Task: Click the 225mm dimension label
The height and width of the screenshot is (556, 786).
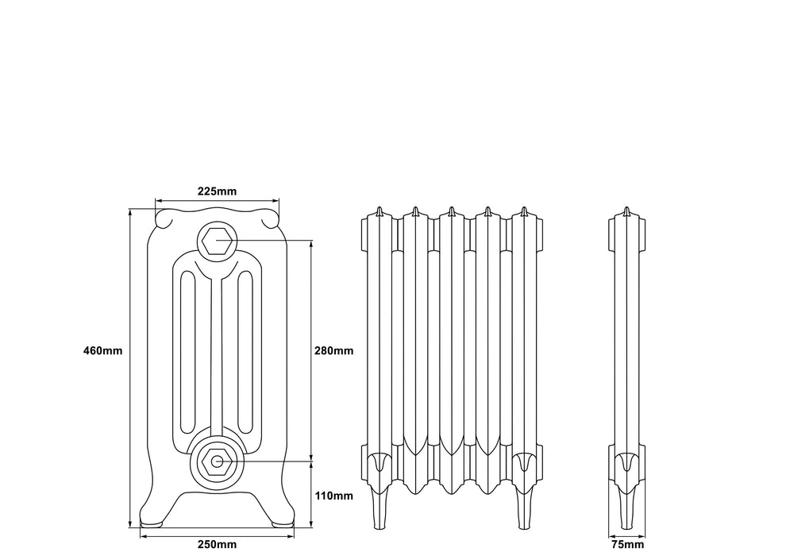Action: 217,191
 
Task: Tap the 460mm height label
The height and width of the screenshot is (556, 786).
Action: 103,350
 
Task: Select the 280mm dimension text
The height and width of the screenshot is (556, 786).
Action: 333,350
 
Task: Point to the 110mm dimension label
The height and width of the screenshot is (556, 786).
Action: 333,496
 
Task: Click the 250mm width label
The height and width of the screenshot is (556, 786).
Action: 217,544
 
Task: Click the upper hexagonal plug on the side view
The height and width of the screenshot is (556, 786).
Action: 216,240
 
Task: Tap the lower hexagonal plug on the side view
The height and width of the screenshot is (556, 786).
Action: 216,461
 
